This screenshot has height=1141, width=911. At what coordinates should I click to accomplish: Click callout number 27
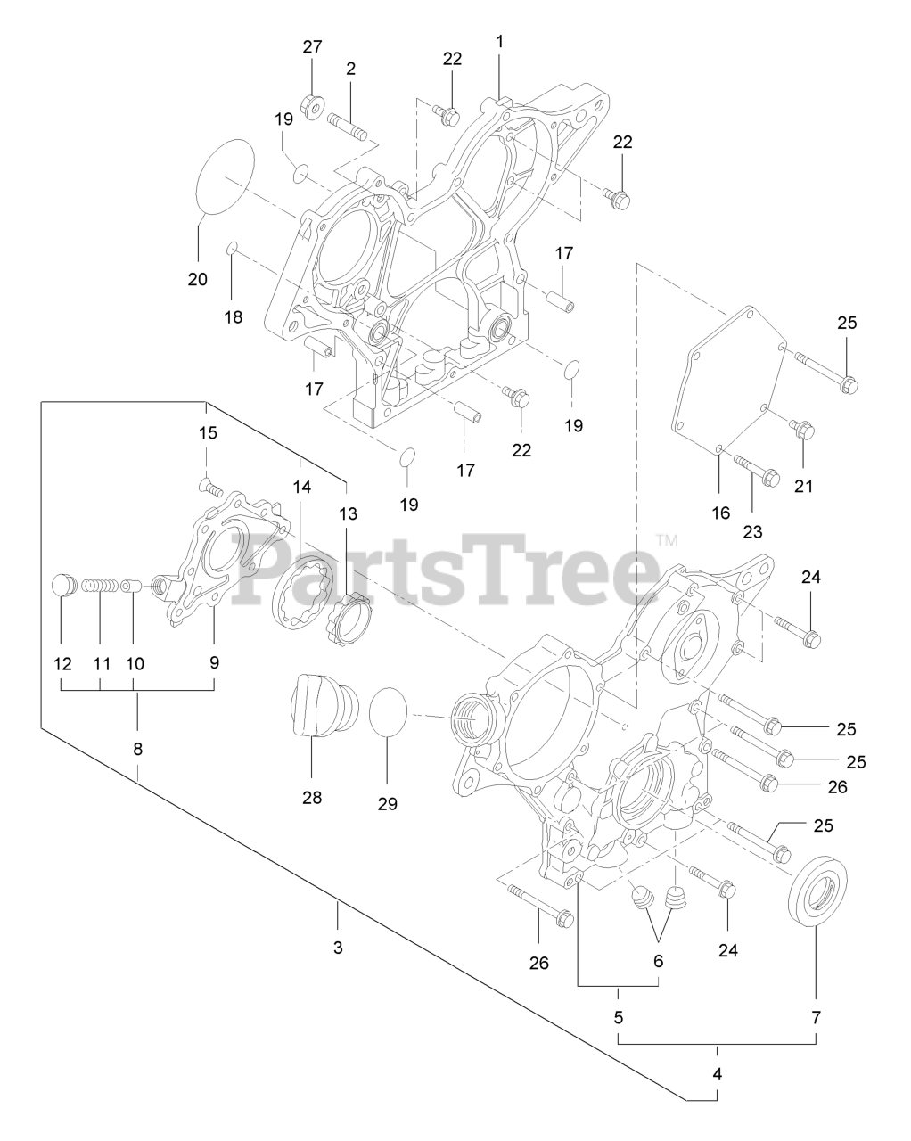pos(312,47)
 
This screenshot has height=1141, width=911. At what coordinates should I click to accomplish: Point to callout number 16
pos(720,513)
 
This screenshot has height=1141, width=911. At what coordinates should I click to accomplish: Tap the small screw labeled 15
pos(207,486)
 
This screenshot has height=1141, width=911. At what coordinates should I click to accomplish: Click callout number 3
pos(338,947)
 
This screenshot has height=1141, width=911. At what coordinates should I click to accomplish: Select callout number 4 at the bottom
pos(718,1074)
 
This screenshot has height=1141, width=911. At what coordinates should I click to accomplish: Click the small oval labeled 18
pos(232,247)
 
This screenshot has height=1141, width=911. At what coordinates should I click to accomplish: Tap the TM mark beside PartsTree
pos(667,540)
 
